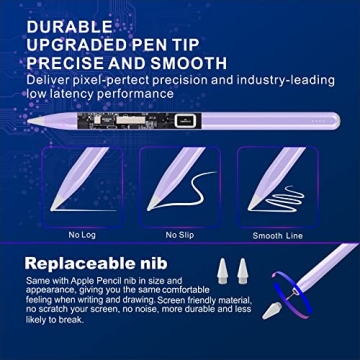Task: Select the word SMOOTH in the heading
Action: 185,63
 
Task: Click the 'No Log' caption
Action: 82,236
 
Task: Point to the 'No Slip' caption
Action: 180,236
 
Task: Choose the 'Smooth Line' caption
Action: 277,236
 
